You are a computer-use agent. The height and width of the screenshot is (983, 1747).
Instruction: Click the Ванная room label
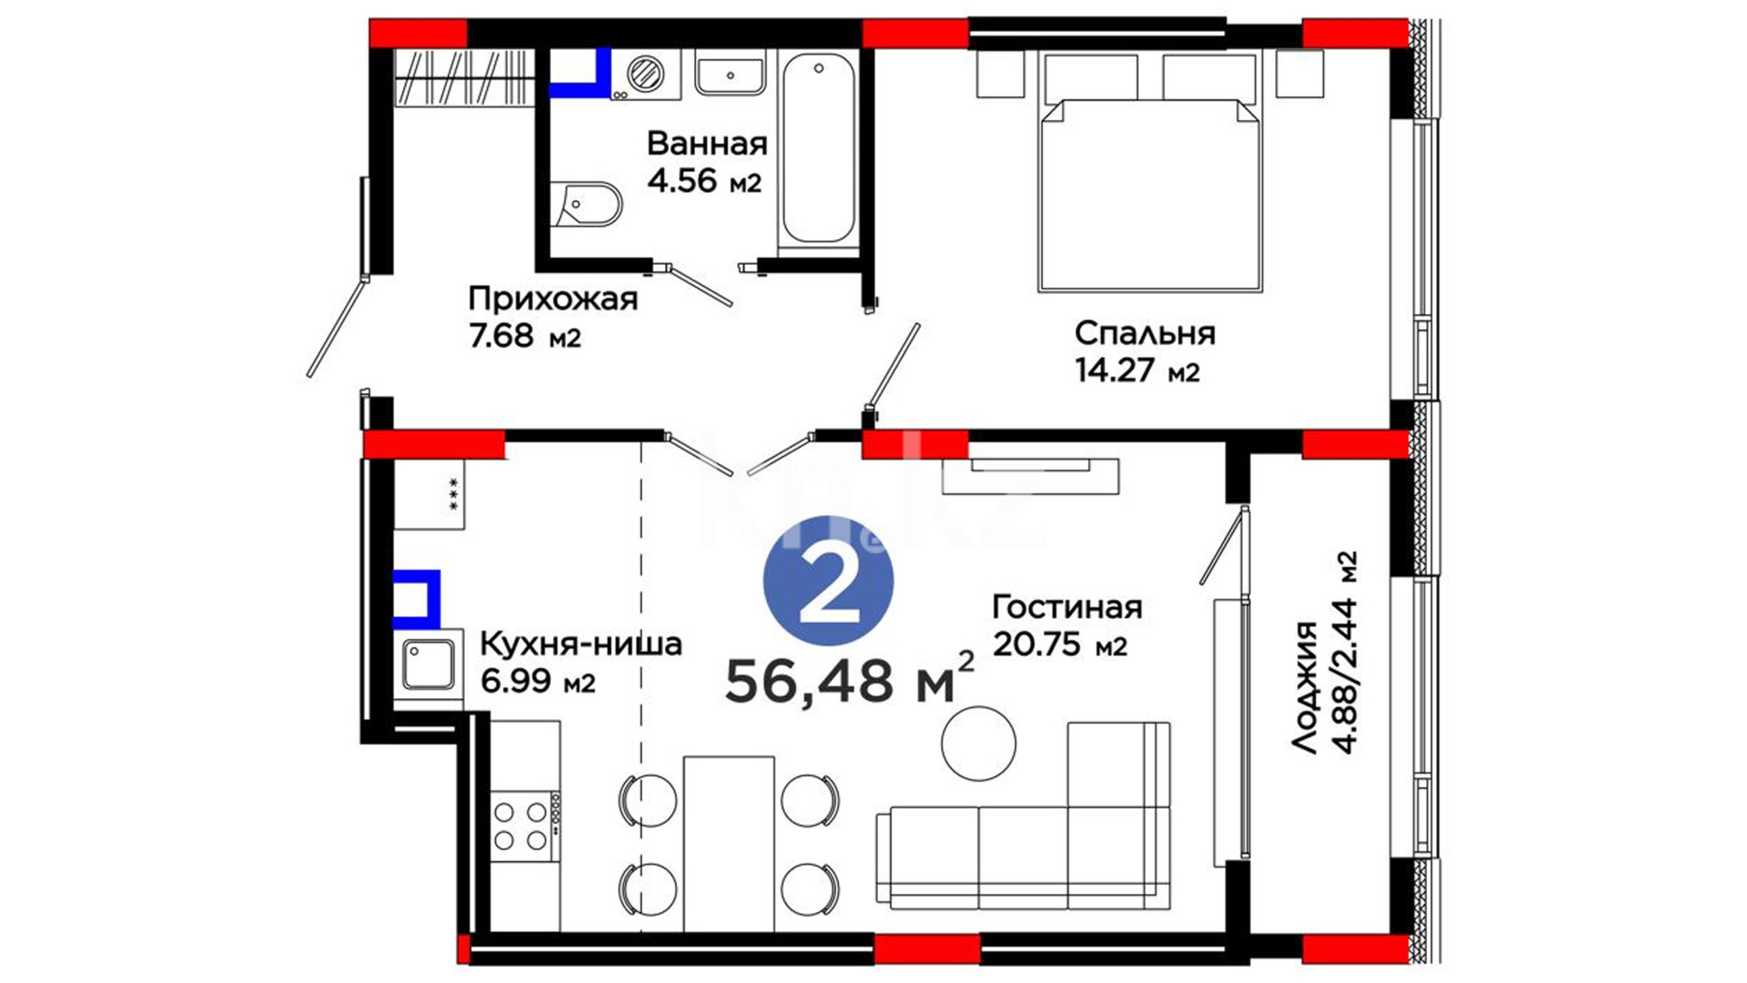tap(707, 144)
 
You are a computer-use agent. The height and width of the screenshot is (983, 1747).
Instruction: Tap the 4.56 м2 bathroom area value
tap(704, 180)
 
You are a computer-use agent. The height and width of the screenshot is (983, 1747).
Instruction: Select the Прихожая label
tap(553, 299)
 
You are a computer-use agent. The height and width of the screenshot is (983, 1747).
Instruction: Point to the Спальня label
tap(1145, 333)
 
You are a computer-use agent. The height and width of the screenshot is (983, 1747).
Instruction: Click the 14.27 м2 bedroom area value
tap(1137, 370)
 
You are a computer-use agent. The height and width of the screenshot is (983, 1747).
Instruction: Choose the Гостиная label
tap(1066, 606)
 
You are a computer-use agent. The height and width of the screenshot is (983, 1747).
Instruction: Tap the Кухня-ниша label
tap(581, 644)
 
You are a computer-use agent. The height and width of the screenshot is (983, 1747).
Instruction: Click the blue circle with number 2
tap(828, 582)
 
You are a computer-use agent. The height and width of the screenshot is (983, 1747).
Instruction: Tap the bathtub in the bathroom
tap(819, 148)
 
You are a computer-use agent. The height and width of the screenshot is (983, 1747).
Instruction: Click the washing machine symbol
tap(646, 74)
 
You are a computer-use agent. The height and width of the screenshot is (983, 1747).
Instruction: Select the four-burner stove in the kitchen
tap(525, 826)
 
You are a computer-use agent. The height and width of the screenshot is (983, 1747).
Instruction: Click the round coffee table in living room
tap(978, 743)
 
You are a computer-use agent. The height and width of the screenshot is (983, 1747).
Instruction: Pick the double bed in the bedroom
tap(1150, 171)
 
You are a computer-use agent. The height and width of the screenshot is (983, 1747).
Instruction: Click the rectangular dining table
tap(729, 843)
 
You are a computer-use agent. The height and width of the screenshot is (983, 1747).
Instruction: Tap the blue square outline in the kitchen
tap(418, 599)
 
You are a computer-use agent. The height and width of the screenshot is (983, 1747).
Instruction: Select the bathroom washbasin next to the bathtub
tap(731, 73)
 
